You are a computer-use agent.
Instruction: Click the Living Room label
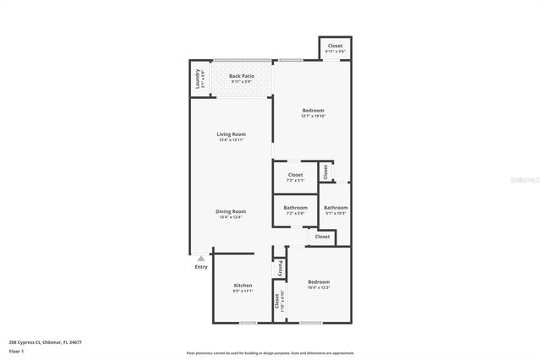pos(231,134)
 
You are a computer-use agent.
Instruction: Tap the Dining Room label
pos(231,211)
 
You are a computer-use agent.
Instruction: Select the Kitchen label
pos(243,286)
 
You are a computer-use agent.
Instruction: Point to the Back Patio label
pos(242,76)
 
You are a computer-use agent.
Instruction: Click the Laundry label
pos(198,79)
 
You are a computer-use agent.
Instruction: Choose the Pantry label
pos(281,267)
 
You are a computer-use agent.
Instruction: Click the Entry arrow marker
pos(200,257)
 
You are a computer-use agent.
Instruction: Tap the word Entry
pos(201,267)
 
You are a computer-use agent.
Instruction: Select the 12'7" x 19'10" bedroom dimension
pos(313,116)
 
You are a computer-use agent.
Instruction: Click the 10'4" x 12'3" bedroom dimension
pos(318,288)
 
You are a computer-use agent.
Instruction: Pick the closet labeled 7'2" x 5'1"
pos(295,177)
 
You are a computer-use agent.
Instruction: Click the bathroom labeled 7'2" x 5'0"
pos(295,210)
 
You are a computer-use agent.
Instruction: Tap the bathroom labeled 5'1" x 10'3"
pos(336,210)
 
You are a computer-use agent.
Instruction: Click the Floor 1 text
pos(17,351)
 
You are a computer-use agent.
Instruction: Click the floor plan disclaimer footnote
pos(270,353)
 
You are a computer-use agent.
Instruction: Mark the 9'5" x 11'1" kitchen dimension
pos(243,291)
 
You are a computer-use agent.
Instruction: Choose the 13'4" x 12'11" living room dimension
pos(231,139)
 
